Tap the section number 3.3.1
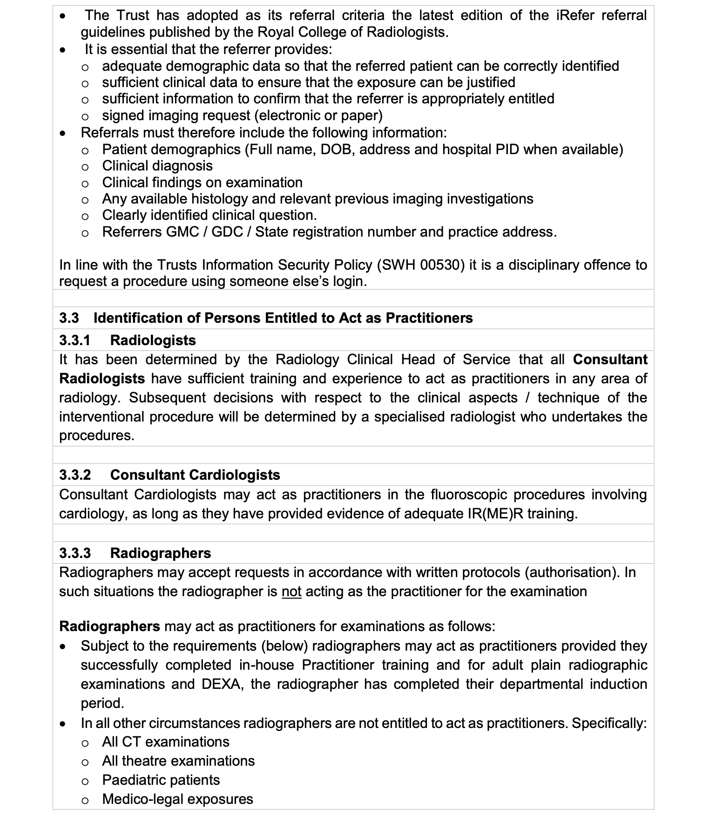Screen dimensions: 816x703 74,340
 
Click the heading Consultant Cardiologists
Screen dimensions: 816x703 195,475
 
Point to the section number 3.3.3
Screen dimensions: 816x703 74,553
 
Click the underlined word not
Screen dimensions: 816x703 291,592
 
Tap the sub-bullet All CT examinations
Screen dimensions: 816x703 165,742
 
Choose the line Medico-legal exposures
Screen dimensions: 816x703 177,799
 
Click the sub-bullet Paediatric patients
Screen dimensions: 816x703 161,780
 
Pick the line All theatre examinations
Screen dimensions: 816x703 178,761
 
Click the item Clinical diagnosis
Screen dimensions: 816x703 157,166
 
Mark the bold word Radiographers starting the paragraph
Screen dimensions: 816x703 109,626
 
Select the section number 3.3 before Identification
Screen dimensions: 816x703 69,318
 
